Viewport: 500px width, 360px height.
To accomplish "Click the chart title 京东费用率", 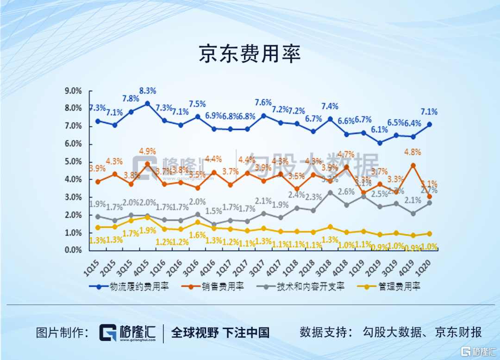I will point(250,54).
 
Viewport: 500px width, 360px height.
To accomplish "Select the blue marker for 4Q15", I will point(147,103).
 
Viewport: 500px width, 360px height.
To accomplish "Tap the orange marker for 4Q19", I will point(413,166).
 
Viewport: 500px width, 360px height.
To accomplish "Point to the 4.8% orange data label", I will point(412,152).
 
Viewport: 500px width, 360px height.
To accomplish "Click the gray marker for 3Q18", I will point(330,192).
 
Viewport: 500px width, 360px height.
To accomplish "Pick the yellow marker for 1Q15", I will point(98,227).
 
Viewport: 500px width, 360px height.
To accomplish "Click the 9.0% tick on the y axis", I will point(73,91).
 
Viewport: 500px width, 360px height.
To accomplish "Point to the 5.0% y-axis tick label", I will point(73,161).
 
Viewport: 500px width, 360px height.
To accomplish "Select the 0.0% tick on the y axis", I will point(73,250).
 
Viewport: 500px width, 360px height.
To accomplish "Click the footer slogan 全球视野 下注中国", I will point(220,332).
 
